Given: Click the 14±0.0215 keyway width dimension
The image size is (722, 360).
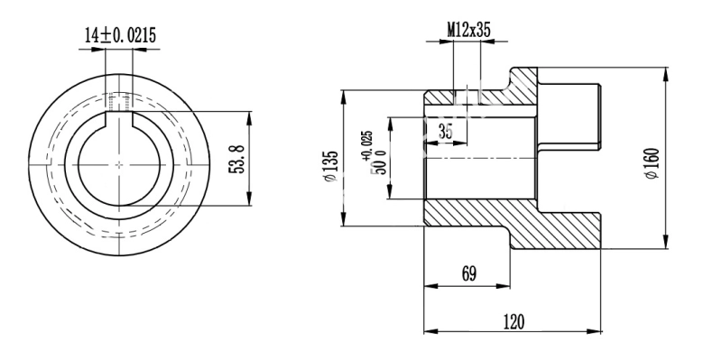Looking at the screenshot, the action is [120, 35].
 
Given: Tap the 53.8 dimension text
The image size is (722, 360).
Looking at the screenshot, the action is [237, 159].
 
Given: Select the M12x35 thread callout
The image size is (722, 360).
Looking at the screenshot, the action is [468, 31].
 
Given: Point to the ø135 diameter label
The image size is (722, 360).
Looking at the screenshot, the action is [330, 166].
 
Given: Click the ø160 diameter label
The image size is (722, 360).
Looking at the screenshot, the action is [653, 163].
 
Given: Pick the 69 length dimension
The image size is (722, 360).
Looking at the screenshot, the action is [468, 273].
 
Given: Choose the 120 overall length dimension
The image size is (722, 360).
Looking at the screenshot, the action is [514, 322].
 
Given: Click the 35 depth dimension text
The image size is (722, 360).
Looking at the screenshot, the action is [445, 132].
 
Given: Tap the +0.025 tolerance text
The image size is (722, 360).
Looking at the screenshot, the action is [368, 146].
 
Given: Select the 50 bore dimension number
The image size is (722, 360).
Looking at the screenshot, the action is [381, 166].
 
